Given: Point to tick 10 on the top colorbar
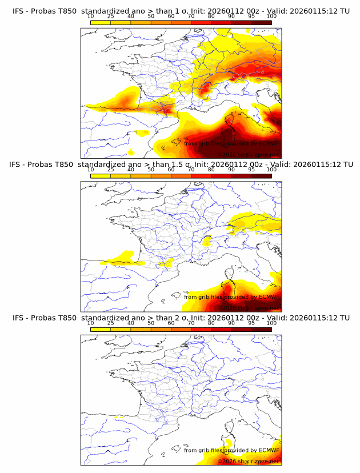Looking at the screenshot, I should (91, 17).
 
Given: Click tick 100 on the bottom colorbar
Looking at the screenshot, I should (271, 323).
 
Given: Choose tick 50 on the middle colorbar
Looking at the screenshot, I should (151, 170).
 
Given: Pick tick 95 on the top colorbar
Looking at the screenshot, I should (251, 17).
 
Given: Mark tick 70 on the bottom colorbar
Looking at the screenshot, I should (191, 323).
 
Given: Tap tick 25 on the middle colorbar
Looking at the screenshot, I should (111, 170).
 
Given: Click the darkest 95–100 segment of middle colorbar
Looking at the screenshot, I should (261, 175).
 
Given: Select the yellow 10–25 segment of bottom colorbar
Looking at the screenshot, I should (101, 329).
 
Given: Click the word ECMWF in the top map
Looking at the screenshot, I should (268, 143).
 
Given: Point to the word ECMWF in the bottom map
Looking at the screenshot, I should (268, 450).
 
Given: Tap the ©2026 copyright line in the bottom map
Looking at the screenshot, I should (248, 461).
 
